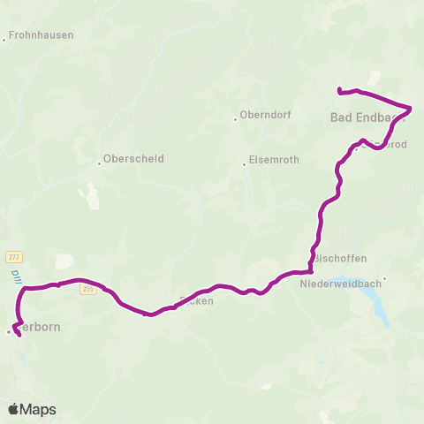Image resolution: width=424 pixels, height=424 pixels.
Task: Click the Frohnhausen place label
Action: point(42,36)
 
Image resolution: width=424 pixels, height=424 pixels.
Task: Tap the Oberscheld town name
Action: point(134,159)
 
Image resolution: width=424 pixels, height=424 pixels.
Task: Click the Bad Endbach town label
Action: point(366,117)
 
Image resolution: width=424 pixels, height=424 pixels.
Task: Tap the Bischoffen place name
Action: point(341,259)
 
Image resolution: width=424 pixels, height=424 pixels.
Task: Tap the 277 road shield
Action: point(12,256)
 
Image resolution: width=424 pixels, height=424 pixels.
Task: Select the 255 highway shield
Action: point(88,289)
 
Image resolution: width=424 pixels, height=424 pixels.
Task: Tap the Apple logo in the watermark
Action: point(14,409)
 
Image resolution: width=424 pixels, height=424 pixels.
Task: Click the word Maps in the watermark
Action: point(40,409)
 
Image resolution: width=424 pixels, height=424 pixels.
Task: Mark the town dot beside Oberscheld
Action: point(99,163)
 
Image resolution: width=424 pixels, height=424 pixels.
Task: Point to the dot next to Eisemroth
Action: point(244,164)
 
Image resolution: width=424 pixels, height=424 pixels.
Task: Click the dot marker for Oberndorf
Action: point(234,118)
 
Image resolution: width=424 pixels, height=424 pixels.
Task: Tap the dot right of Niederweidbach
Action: point(385,279)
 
